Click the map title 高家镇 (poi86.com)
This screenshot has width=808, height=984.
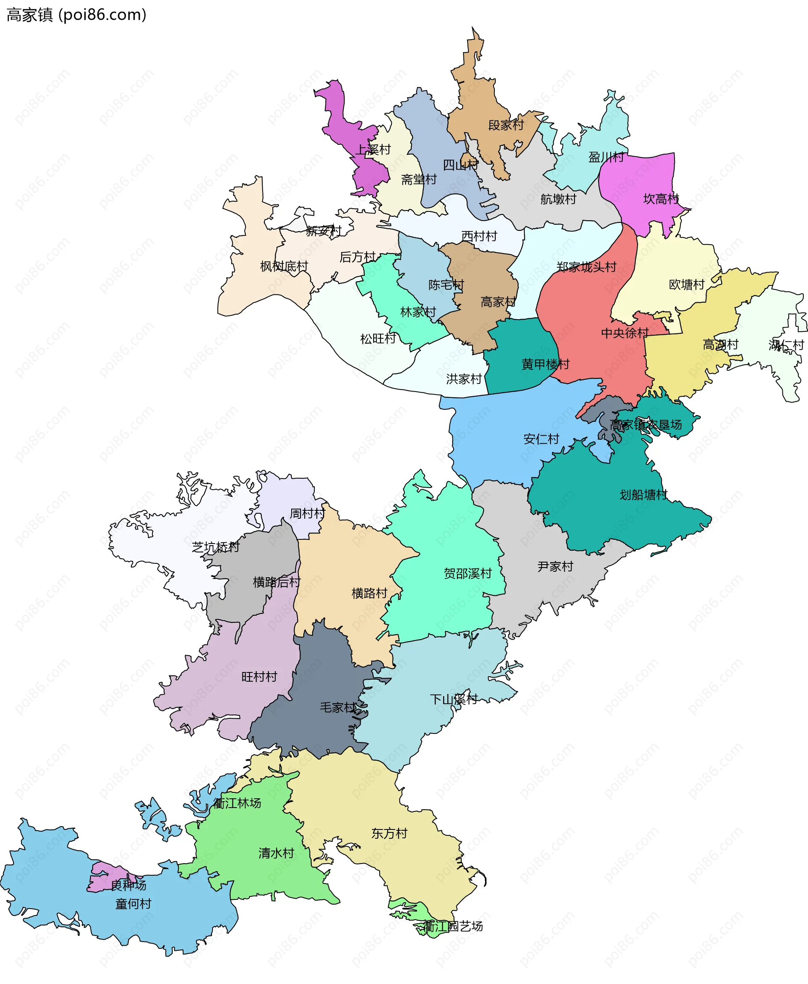click(x=76, y=15)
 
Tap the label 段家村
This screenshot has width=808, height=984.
click(x=505, y=125)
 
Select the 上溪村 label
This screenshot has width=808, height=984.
click(x=373, y=149)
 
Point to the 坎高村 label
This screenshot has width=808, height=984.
click(x=661, y=199)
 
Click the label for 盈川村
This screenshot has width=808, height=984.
click(x=606, y=157)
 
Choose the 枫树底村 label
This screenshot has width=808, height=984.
click(x=284, y=267)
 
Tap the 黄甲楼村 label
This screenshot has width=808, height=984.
click(x=545, y=364)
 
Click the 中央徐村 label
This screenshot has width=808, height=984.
click(x=625, y=333)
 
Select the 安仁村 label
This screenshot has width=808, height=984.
click(x=541, y=439)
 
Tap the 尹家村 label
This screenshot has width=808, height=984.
click(x=555, y=566)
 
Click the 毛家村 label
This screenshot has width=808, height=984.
click(x=338, y=707)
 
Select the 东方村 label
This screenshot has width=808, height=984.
click(x=389, y=833)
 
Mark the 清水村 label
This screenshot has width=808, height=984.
click(x=276, y=853)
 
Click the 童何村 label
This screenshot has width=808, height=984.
click(x=133, y=904)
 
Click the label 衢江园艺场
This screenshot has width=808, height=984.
click(x=452, y=926)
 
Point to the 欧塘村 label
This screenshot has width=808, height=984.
click(x=686, y=284)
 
